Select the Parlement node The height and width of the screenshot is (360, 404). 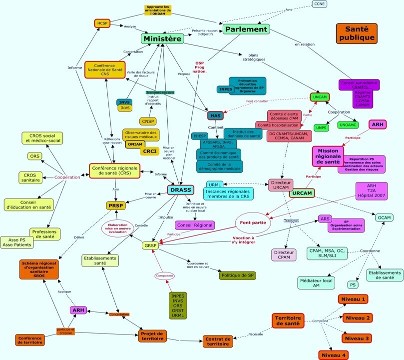[246, 29]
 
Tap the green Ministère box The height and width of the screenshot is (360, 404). [163, 38]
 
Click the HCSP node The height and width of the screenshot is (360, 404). [102, 23]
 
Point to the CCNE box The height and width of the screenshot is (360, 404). [320, 4]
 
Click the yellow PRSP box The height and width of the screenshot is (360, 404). [116, 205]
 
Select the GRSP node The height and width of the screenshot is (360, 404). [150, 245]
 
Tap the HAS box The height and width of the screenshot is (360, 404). [215, 115]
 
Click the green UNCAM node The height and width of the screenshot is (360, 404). [320, 97]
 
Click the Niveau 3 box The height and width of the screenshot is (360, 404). [357, 338]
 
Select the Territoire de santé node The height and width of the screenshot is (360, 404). [288, 320]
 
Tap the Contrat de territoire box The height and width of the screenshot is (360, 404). [218, 341]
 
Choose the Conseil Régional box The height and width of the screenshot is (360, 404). [195, 225]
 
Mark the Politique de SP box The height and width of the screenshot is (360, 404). [237, 275]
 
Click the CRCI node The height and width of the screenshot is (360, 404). [150, 151]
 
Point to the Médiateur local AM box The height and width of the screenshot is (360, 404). [315, 282]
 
